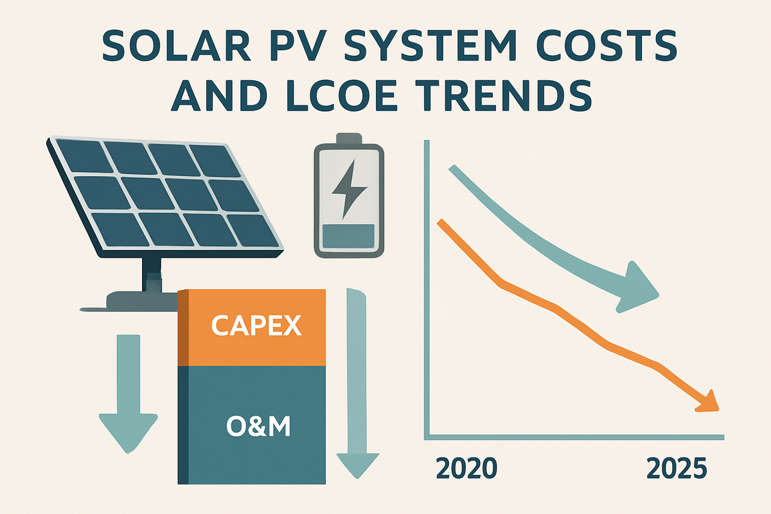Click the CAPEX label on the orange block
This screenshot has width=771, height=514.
(256, 326)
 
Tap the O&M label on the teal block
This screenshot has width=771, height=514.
(256, 426)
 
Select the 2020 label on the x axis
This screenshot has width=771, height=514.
(466, 468)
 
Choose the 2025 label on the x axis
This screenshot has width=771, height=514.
(676, 468)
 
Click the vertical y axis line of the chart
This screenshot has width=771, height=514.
(426, 289)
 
